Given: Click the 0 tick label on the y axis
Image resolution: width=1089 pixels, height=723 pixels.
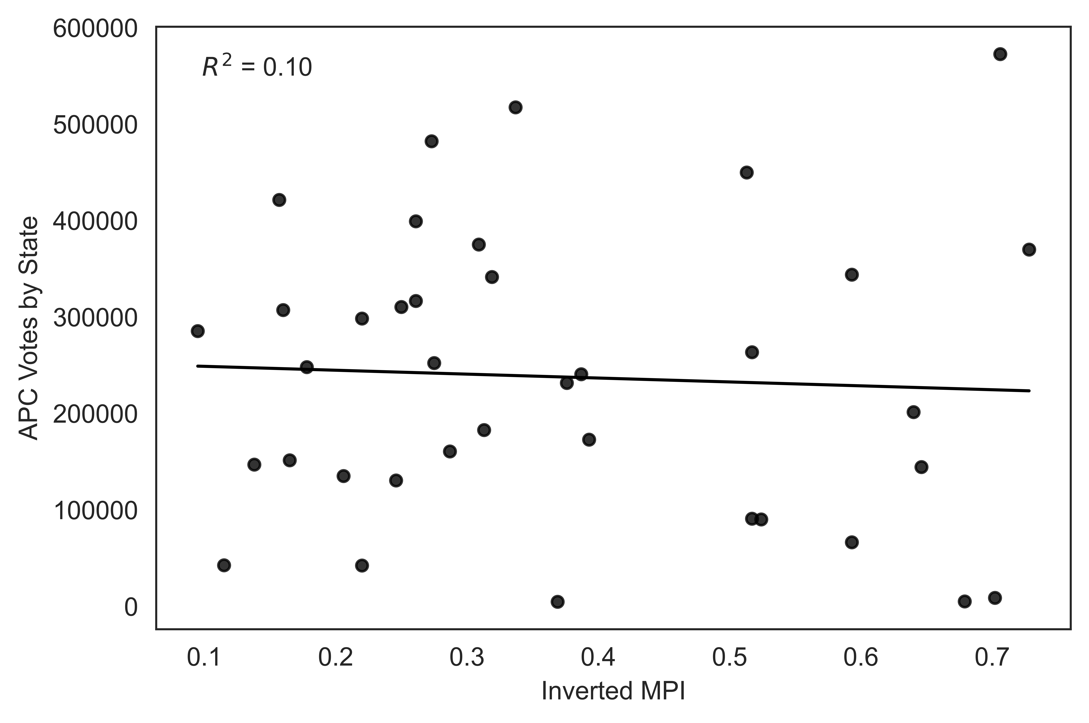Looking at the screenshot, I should pos(130,608).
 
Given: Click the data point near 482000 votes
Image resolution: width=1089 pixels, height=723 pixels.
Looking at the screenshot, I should pos(431,141).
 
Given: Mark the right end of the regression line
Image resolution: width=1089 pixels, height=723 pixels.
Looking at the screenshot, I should pos(1029,391).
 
